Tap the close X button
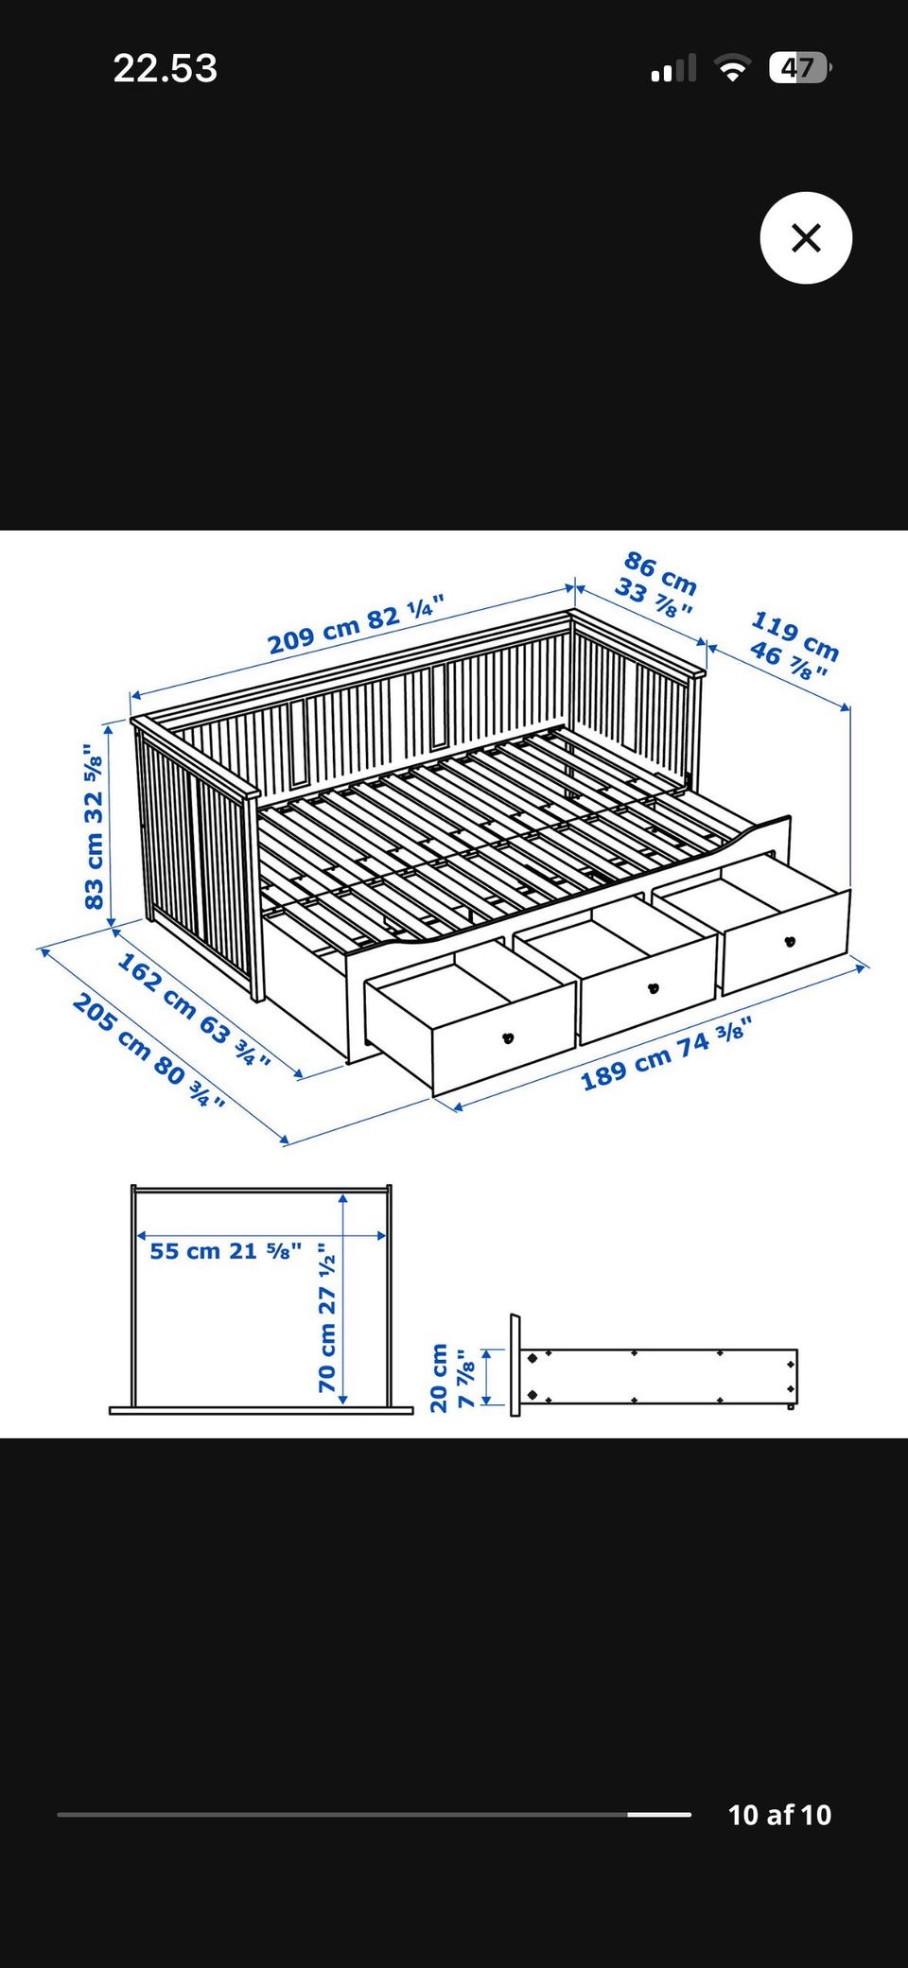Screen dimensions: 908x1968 click(806, 237)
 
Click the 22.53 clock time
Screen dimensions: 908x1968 click(166, 68)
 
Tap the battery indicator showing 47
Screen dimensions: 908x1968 click(800, 68)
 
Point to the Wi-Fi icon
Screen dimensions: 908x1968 click(731, 68)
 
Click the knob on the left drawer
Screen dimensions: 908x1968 click(508, 1037)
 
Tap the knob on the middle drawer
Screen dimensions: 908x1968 click(653, 989)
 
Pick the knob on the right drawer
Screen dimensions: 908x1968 click(790, 941)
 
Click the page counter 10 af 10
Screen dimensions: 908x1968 click(779, 1815)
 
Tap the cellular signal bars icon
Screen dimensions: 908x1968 click(673, 68)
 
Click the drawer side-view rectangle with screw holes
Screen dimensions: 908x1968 click(658, 1377)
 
